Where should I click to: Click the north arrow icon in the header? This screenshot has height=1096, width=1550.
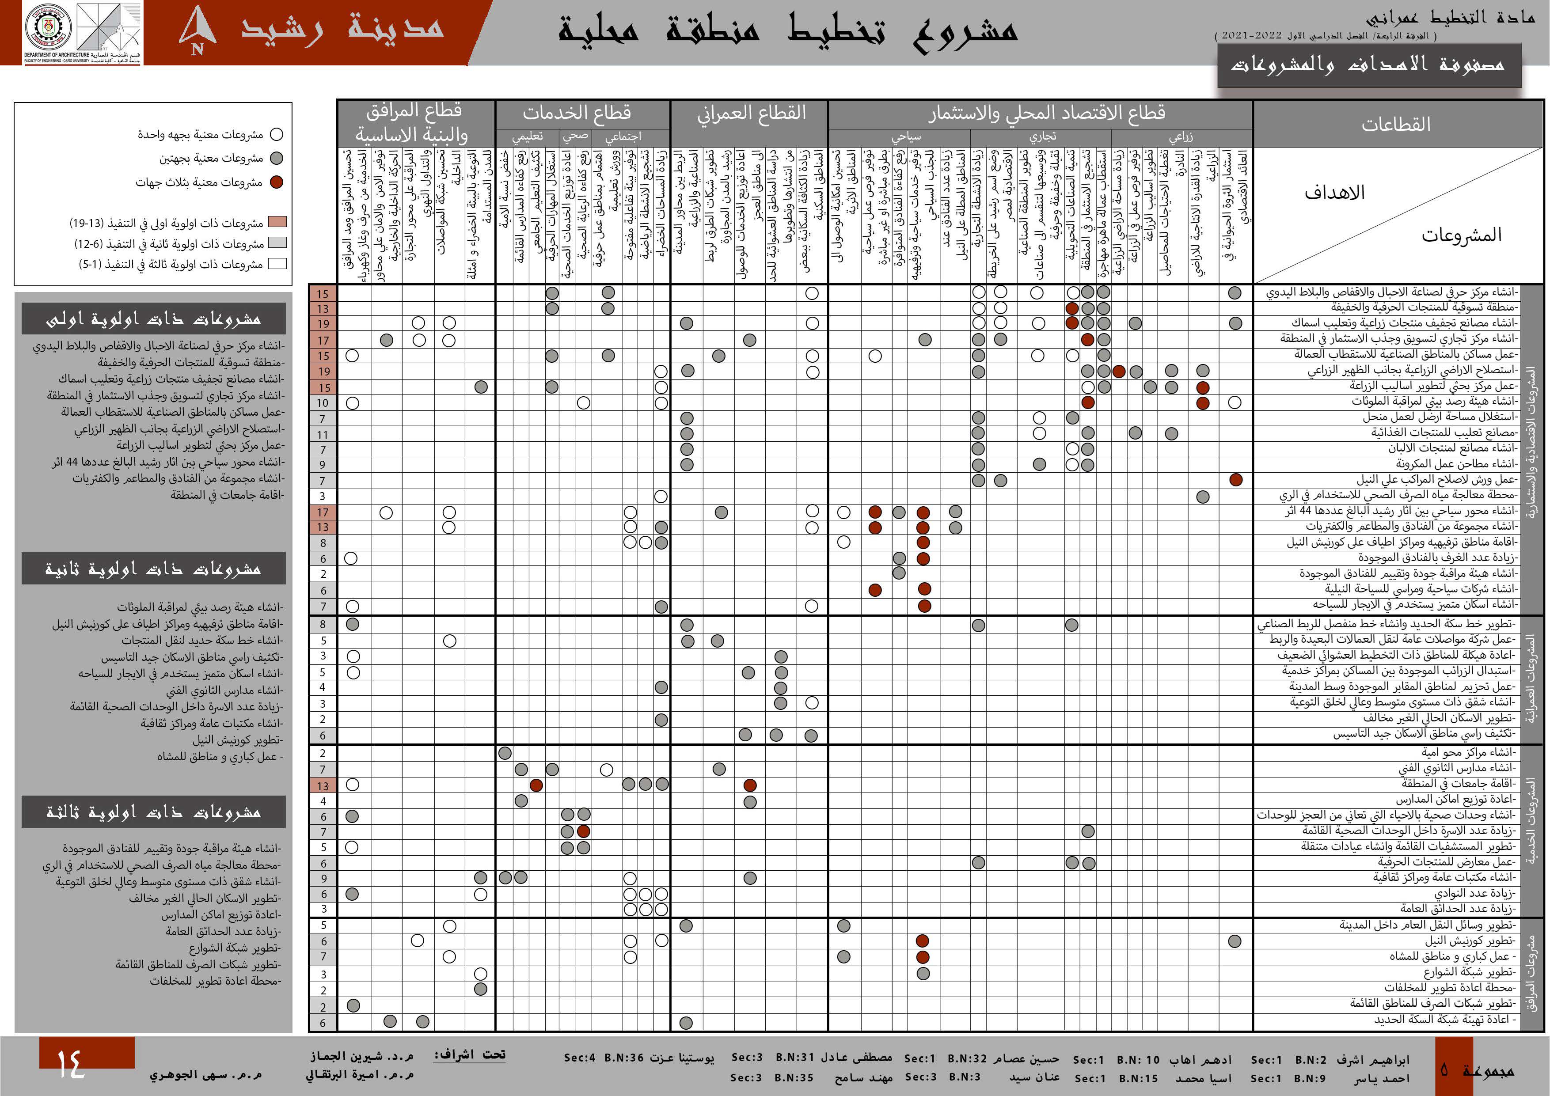pos(198,30)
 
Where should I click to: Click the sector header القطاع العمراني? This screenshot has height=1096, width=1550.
pos(751,112)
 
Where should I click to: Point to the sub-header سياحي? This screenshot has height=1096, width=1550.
pos(906,137)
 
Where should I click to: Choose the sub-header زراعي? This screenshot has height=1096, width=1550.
pos(1181,137)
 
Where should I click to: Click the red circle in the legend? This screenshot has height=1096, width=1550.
pos(276,182)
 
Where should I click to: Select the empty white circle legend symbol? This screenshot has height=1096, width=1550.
pos(276,134)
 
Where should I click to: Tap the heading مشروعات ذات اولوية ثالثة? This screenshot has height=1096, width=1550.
pos(153,812)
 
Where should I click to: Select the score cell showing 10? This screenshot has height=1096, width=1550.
pos(323,403)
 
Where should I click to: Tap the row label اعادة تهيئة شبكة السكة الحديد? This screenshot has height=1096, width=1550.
pos(1445,1020)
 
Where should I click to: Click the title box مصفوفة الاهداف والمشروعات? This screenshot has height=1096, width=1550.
pos(1368,65)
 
